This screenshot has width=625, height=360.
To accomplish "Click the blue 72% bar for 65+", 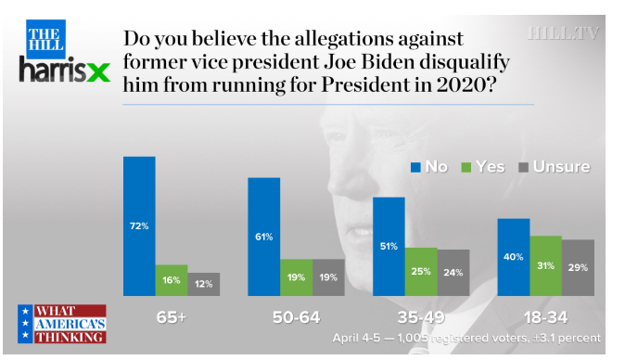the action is pyautogui.click(x=139, y=226).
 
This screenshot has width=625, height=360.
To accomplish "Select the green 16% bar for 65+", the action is pyautogui.click(x=172, y=280).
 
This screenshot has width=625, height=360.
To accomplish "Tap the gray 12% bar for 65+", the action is pyautogui.click(x=204, y=284).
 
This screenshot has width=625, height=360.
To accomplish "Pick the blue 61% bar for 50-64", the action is pyautogui.click(x=264, y=237).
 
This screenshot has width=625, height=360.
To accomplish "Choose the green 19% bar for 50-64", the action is pyautogui.click(x=296, y=277).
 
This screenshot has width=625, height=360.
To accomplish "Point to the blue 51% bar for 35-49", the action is pyautogui.click(x=389, y=247).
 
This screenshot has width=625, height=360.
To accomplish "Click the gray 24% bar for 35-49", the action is pyautogui.click(x=453, y=273).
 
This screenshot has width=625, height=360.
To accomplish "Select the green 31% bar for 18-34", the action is pyautogui.click(x=545, y=266).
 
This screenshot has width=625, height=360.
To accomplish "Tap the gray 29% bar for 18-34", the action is pyautogui.click(x=578, y=267).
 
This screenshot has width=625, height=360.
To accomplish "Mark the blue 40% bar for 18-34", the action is pyautogui.click(x=514, y=257).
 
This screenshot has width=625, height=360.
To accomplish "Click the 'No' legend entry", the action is pyautogui.click(x=429, y=167).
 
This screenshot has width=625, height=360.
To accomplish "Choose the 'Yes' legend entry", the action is pyautogui.click(x=483, y=167).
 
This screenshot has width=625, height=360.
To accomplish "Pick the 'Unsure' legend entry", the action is pyautogui.click(x=554, y=167).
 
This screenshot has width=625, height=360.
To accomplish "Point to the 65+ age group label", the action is pyautogui.click(x=172, y=317).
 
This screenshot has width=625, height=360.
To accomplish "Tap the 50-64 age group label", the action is pyautogui.click(x=296, y=317).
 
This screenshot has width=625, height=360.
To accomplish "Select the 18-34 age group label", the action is pyautogui.click(x=545, y=317).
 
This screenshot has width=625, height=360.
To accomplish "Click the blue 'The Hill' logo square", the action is pyautogui.click(x=45, y=39).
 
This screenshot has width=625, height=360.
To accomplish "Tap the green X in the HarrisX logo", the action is pyautogui.click(x=98, y=72).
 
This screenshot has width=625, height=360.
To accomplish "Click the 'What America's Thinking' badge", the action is pyautogui.click(x=62, y=324).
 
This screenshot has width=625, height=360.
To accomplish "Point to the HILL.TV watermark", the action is pyautogui.click(x=563, y=33).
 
